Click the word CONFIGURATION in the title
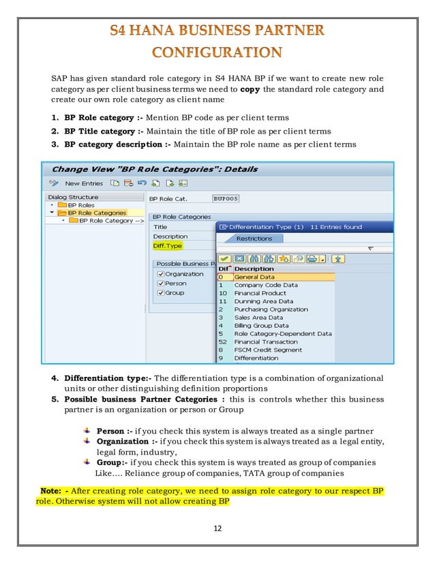point(217,52)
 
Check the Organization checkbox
point(161,274)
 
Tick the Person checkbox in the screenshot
point(161,284)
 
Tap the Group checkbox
point(161,293)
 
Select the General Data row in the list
point(256,277)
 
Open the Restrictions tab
point(254,239)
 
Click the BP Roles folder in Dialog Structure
point(81,204)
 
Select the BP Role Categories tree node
point(96,213)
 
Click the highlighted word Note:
point(52,491)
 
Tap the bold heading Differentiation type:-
point(108,378)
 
